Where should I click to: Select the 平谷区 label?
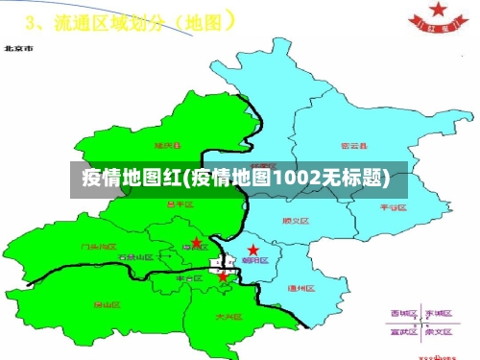coord(394,205)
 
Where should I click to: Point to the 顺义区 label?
coord(295,221)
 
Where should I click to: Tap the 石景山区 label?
coord(134,257)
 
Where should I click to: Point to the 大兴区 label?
coord(228,315)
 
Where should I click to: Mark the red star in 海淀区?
coord(196,243)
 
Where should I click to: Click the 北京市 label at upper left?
coord(18,46)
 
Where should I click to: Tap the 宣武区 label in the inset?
coord(402,334)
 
